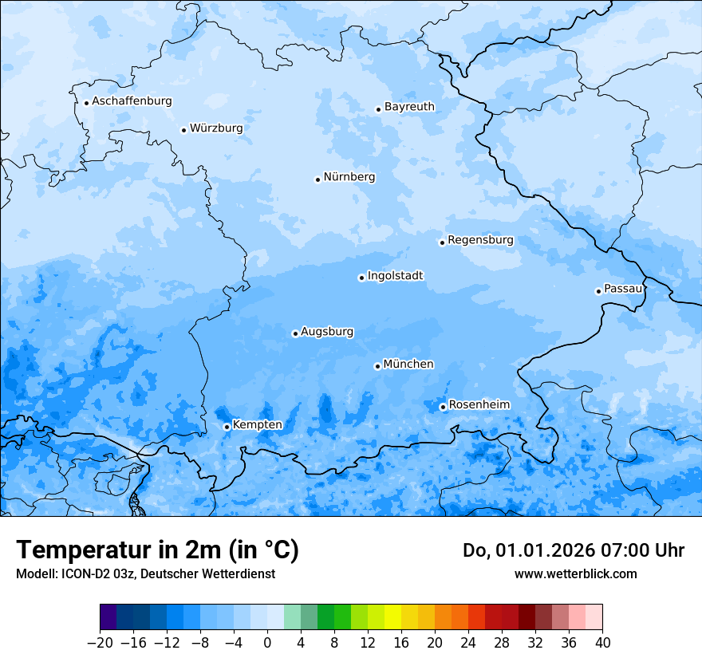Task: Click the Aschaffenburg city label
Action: pos(132,101)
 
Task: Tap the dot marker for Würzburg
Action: pos(183,130)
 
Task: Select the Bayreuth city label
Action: pos(409,107)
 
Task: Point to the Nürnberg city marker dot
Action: pos(317,179)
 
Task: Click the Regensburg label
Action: pos(480,240)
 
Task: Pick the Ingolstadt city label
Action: pos(395,276)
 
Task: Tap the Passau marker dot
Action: pos(598,291)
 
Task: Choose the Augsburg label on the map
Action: pos(327,332)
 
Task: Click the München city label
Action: pos(408,364)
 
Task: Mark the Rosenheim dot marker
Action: pos(443,408)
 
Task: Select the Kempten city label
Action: pos(257,425)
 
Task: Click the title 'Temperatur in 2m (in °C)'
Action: pos(157,550)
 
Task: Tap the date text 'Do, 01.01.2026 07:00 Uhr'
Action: pos(573,550)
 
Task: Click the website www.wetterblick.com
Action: pos(575,573)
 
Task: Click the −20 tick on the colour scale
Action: pos(100,643)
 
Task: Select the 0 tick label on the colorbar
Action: pos(267,643)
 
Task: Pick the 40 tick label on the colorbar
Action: pos(602,643)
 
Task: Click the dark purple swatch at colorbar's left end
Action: pos(108,618)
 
